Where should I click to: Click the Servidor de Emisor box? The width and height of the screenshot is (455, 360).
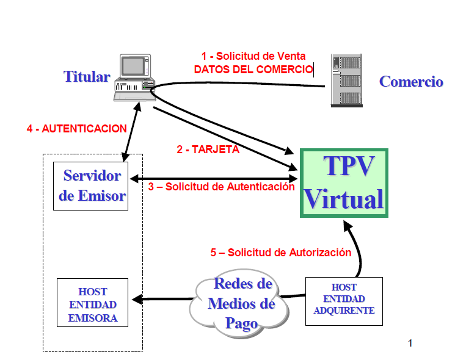pos(91,186)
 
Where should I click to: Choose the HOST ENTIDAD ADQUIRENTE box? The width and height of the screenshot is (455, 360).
pos(344,299)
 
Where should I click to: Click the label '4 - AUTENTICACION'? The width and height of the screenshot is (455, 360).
pos(77,129)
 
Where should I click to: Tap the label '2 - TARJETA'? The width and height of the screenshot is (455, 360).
pos(208,149)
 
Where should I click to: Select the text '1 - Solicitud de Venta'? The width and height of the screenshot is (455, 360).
pos(253,56)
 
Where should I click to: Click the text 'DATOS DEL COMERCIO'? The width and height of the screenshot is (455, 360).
pos(253,70)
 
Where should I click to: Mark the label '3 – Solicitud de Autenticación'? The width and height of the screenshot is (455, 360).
pos(222,187)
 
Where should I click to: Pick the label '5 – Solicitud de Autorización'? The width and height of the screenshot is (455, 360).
pos(280,252)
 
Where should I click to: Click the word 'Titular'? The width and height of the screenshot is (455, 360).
pos(87,77)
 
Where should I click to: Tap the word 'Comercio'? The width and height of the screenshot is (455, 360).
pos(411,82)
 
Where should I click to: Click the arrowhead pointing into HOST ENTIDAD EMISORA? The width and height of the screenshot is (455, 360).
pos(137,299)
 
